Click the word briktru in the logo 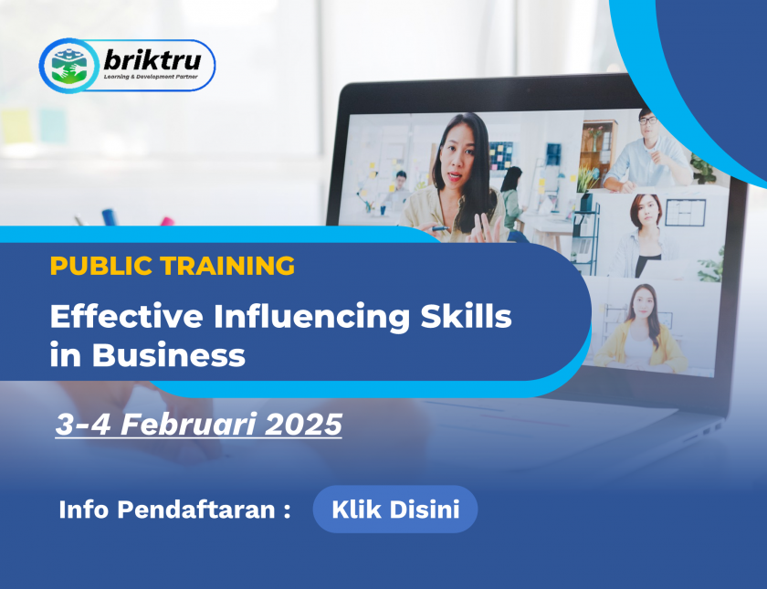click(x=152, y=60)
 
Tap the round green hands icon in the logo click(x=69, y=66)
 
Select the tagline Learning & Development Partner click(x=151, y=77)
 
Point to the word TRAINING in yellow click(x=228, y=266)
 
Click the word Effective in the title click(x=126, y=316)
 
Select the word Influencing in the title click(x=311, y=318)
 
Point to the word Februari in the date click(x=188, y=424)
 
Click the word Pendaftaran click(x=196, y=510)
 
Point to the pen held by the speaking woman click(x=440, y=228)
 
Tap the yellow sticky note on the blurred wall click(x=16, y=126)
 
